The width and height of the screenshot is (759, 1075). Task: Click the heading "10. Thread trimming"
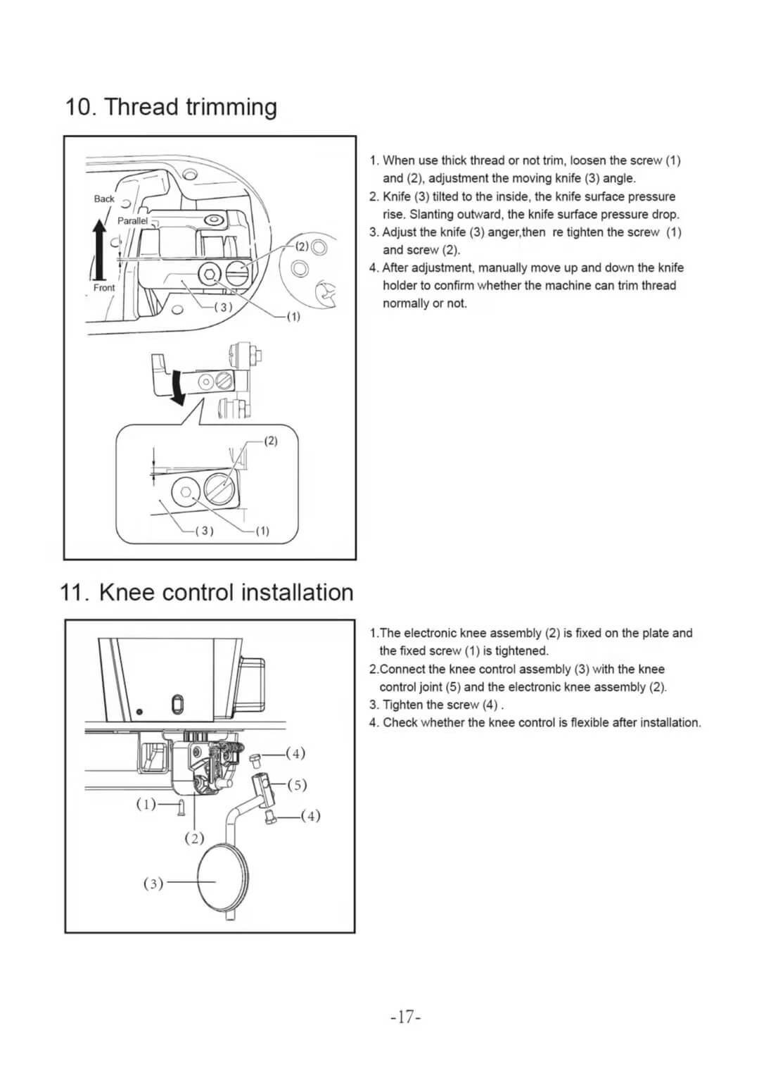pyautogui.click(x=171, y=107)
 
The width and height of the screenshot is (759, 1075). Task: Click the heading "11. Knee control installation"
pyautogui.click(x=207, y=592)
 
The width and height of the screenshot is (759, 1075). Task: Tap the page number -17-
pyautogui.click(x=405, y=1017)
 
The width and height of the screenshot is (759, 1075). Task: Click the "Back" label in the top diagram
pyautogui.click(x=104, y=199)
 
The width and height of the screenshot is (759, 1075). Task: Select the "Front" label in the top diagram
pyautogui.click(x=104, y=287)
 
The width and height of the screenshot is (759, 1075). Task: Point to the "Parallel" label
pyautogui.click(x=132, y=220)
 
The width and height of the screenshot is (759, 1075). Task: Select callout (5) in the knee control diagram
pyautogui.click(x=297, y=784)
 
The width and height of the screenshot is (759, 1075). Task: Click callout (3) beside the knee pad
pyautogui.click(x=153, y=883)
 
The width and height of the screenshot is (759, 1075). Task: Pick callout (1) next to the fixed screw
pyautogui.click(x=146, y=803)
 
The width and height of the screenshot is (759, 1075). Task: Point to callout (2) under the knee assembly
pyautogui.click(x=194, y=838)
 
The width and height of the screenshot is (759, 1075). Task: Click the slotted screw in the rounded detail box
pyautogui.click(x=219, y=486)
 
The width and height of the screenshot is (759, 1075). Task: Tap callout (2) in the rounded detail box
pyautogui.click(x=271, y=441)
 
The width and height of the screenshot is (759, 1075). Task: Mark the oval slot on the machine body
pyautogui.click(x=177, y=703)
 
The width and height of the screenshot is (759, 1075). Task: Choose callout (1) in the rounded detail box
pyautogui.click(x=262, y=531)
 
